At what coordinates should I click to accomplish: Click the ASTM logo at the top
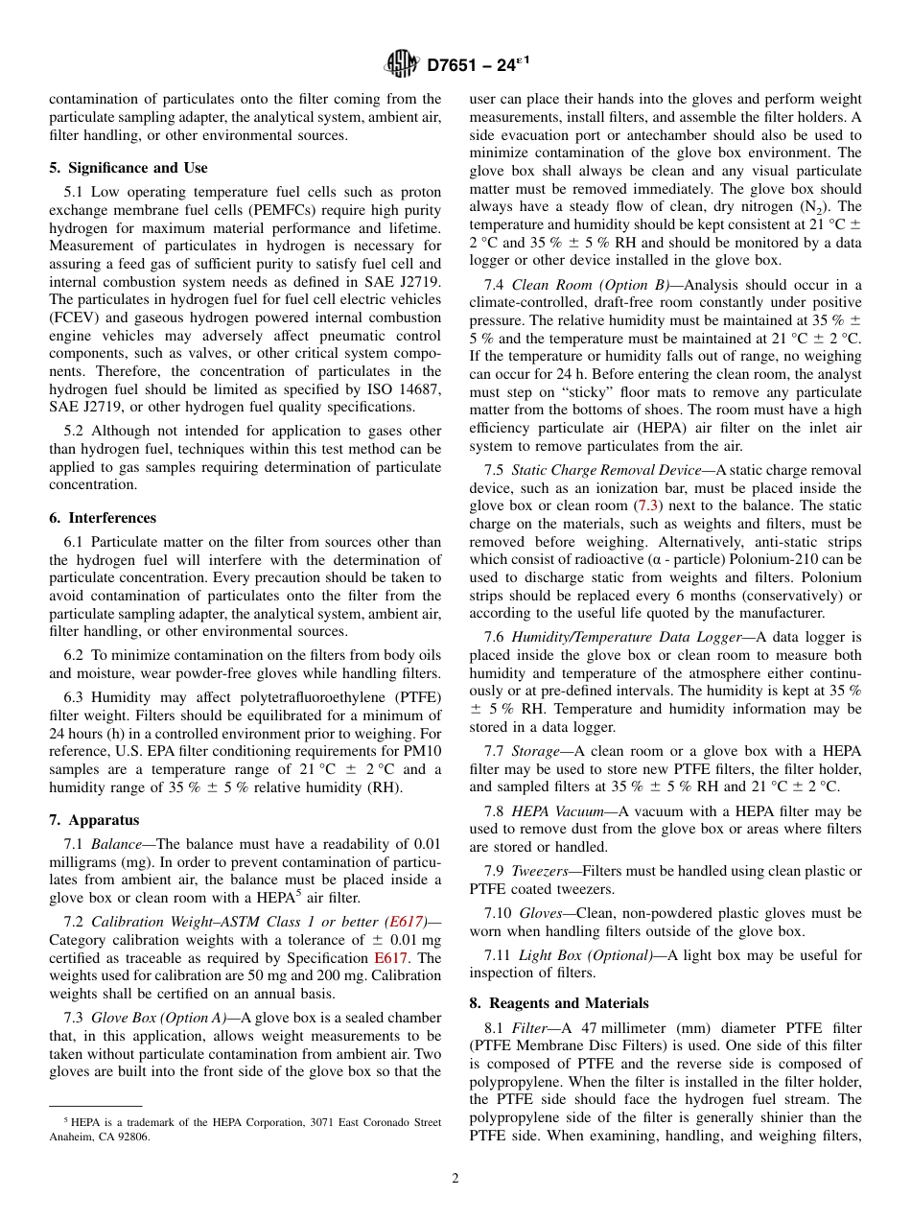pos(402,65)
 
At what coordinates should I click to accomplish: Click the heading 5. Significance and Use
pos(128,168)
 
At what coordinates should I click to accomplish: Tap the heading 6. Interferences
pos(103,518)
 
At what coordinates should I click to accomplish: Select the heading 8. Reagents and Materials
pos(559,1003)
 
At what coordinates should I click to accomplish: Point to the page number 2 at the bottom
pos(455,1179)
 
